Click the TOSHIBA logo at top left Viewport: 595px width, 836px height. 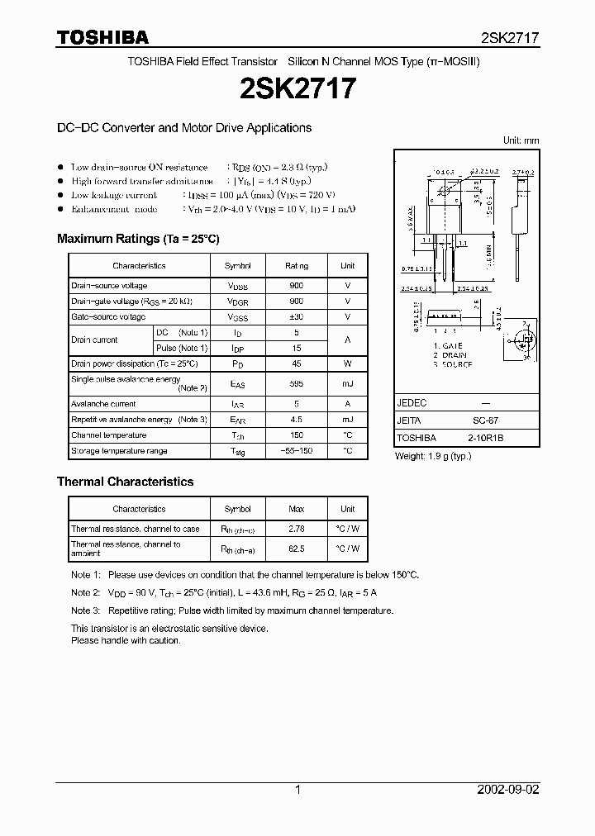point(102,38)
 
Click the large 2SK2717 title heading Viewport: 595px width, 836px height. point(297,88)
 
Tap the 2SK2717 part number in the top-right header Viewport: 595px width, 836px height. point(510,38)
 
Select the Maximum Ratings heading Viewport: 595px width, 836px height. point(138,239)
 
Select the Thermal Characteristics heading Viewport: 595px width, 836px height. point(125,482)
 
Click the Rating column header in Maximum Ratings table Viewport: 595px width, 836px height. point(297,266)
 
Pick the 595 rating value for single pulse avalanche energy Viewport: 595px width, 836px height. point(297,383)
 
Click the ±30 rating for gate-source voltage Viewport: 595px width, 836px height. point(297,317)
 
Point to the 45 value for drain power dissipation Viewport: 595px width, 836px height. point(297,364)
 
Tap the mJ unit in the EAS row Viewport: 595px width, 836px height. point(347,383)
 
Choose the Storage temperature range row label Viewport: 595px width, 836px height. point(119,451)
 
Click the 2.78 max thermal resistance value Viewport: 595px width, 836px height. point(297,529)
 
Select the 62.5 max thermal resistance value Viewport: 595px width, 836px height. point(297,548)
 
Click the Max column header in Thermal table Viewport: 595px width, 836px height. point(297,509)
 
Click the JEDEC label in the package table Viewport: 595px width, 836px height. point(412,402)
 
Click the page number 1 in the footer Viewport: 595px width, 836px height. point(297,790)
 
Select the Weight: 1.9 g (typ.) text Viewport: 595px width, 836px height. point(433,456)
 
